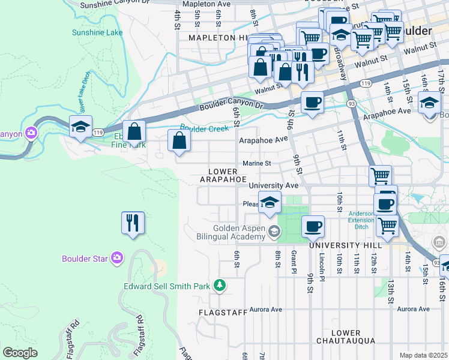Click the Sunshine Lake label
pyautogui.click(x=97, y=32)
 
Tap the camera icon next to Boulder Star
pyautogui.click(x=117, y=259)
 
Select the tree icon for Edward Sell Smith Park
pyautogui.click(x=220, y=284)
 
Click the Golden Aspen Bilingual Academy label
pyautogui.click(x=240, y=232)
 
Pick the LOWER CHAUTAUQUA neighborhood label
pyautogui.click(x=346, y=337)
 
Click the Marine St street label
pyautogui.click(x=257, y=163)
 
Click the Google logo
pyautogui.click(x=20, y=352)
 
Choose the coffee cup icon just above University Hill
pyautogui.click(x=312, y=227)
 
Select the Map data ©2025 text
pyautogui.click(x=423, y=355)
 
